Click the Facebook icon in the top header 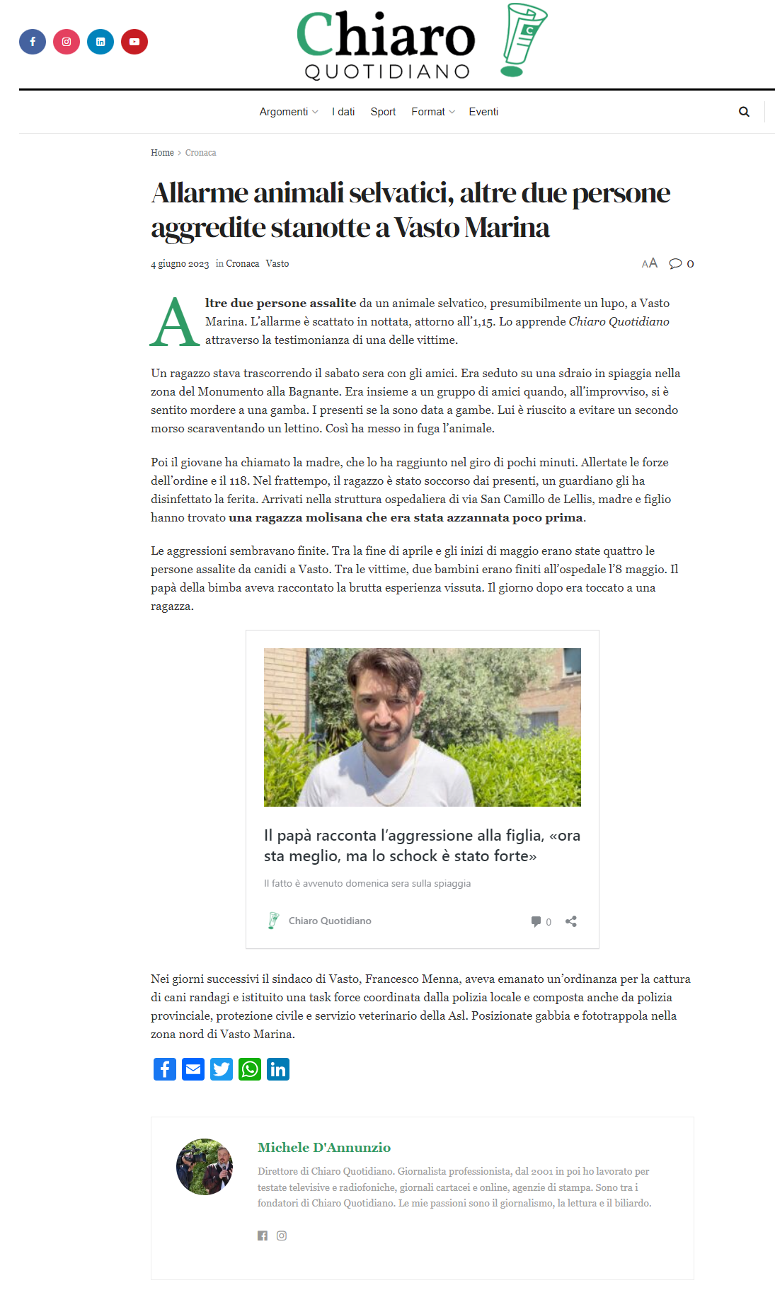pos(33,42)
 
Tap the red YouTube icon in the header pos(134,42)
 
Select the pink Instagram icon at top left pos(67,42)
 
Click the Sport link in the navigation pos(383,112)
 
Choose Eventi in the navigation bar pos(483,112)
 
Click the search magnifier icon pos(744,112)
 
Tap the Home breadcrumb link pos(162,153)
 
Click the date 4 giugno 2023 pos(180,264)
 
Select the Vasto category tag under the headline pos(277,264)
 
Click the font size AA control pos(649,263)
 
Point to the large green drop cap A pos(175,323)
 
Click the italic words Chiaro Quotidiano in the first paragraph pos(619,322)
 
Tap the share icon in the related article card pos(571,921)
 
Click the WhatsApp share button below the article pos(250,1069)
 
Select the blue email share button pos(193,1069)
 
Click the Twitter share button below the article pos(222,1069)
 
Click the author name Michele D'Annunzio pos(324,1148)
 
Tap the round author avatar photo pos(205,1167)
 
